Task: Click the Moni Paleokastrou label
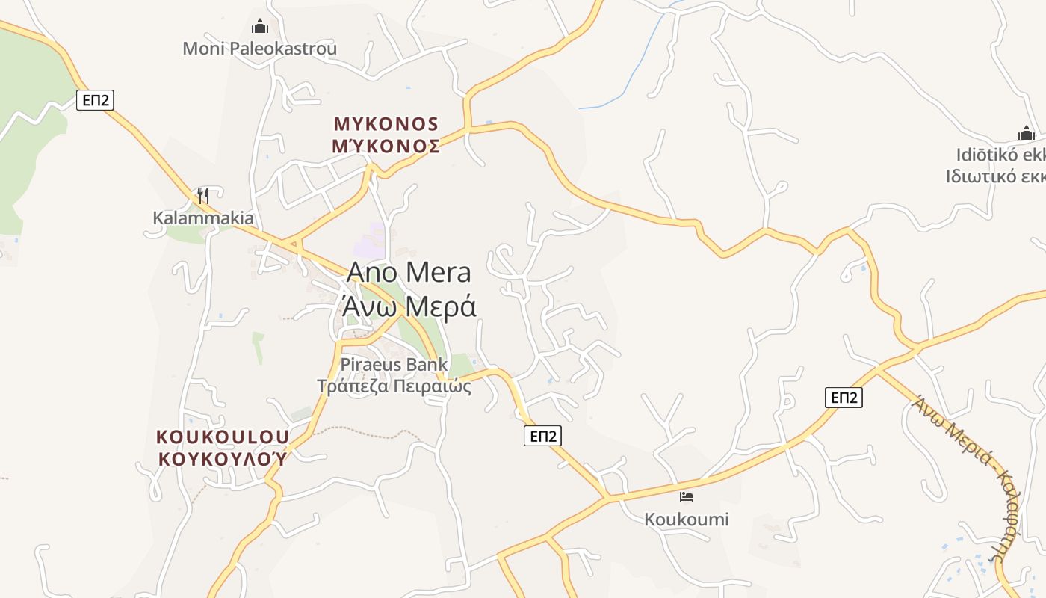(259, 49)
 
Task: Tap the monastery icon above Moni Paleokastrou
(259, 27)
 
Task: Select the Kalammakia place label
(203, 218)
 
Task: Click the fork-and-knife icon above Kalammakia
(202, 196)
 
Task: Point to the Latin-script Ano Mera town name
(409, 273)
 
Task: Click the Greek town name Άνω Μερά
(409, 306)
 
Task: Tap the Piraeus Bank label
(394, 365)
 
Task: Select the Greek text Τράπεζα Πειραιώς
(394, 386)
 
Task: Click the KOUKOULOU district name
(222, 437)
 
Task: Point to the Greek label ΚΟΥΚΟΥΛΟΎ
(222, 458)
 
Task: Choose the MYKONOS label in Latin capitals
(386, 123)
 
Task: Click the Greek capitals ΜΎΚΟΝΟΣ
(386, 146)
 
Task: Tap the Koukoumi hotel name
(687, 520)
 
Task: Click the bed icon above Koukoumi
(687, 496)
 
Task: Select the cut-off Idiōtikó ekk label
(1000, 155)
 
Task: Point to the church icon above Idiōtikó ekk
(1027, 134)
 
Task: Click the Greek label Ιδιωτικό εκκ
(995, 176)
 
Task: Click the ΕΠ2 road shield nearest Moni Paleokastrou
(95, 99)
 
